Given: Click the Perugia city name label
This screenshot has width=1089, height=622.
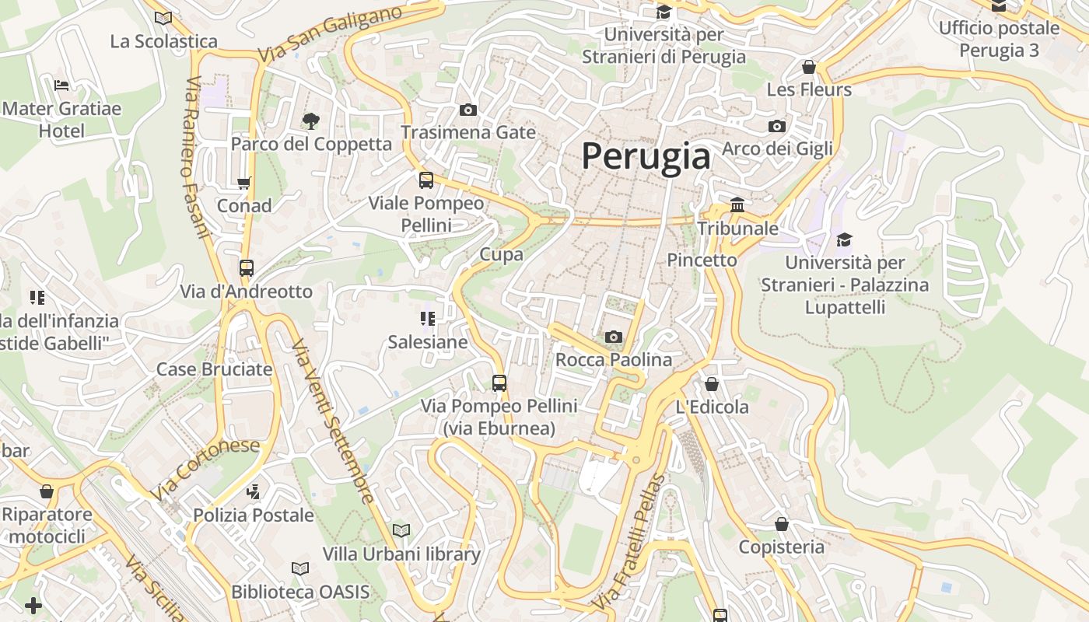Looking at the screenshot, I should pyautogui.click(x=646, y=156).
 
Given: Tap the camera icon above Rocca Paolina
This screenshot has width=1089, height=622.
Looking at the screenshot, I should pyautogui.click(x=614, y=337).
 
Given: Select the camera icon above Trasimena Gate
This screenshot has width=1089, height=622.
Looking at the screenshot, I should pyautogui.click(x=467, y=110).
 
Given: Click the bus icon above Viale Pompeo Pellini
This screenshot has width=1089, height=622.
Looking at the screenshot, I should pyautogui.click(x=425, y=180).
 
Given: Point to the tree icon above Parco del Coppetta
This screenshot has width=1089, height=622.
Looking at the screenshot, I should pyautogui.click(x=310, y=121).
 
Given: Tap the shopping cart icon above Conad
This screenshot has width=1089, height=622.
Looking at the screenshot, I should pyautogui.click(x=244, y=183).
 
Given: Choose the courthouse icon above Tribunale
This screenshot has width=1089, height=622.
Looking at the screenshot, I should pyautogui.click(x=737, y=204).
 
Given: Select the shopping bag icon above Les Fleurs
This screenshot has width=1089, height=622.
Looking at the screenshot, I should pyautogui.click(x=809, y=67).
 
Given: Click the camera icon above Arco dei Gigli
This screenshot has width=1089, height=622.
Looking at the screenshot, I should pyautogui.click(x=776, y=126).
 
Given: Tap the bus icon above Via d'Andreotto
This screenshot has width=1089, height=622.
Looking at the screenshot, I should pyautogui.click(x=247, y=268).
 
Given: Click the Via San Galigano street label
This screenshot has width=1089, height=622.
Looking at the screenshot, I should pyautogui.click(x=331, y=34).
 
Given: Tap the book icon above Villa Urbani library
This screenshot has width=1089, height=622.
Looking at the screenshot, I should pyautogui.click(x=401, y=530).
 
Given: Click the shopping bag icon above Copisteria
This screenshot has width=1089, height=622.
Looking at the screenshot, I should pyautogui.click(x=781, y=524).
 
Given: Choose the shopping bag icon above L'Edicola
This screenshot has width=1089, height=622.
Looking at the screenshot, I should pyautogui.click(x=711, y=384).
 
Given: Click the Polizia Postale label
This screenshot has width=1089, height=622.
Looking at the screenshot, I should pyautogui.click(x=254, y=515).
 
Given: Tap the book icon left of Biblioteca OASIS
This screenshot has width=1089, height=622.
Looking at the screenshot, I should pyautogui.click(x=300, y=568).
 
